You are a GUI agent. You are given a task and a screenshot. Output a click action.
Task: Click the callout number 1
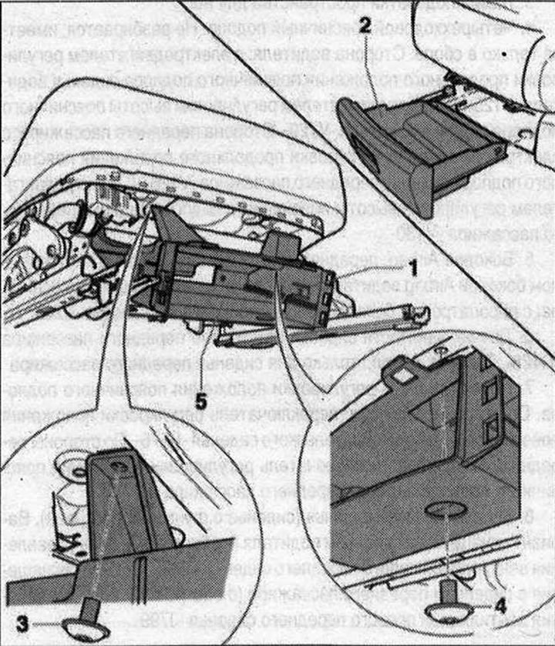click(412, 269)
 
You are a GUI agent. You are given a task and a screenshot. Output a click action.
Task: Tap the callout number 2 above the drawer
click(365, 25)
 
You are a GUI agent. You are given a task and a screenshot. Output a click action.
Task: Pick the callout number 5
click(200, 402)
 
